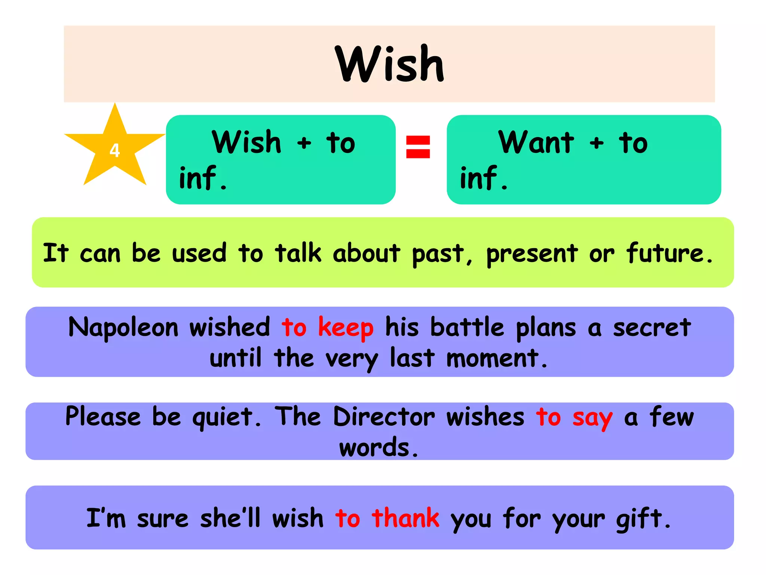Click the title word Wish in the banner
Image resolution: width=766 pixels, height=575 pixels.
point(389,64)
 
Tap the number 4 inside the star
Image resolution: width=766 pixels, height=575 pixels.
point(114,150)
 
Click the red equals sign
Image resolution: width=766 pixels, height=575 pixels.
point(418,147)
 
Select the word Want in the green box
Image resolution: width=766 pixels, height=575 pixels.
point(536,143)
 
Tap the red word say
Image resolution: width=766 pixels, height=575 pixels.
point(592,418)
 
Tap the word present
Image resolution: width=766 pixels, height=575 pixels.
point(532,254)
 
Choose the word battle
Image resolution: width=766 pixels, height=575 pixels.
point(467,328)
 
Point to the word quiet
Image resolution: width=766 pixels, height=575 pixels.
point(226,418)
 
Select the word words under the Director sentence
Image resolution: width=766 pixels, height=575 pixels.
point(378,447)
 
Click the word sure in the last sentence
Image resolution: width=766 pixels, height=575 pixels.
point(163,519)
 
